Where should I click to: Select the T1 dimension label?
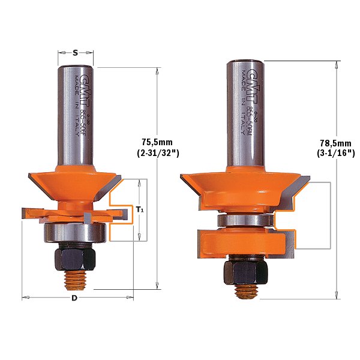(x=140, y=210)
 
